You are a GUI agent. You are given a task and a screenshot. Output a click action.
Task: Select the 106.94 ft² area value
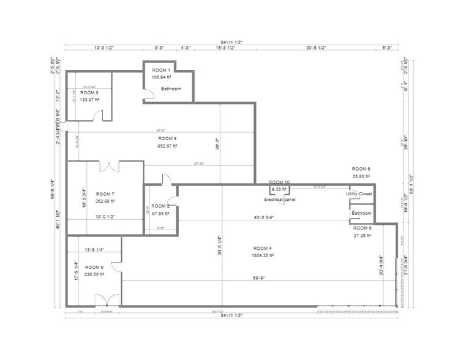162,77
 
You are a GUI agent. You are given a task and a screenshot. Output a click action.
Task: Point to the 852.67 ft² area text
167,146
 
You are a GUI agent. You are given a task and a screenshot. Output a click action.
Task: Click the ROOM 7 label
105,193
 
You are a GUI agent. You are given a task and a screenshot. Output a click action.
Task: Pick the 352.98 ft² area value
105,201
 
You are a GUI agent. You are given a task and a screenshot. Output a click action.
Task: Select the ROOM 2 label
160,206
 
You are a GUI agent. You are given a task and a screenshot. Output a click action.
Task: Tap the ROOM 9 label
94,268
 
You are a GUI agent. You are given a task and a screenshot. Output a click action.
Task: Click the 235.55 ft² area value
94,275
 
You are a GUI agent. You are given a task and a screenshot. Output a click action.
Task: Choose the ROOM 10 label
279,182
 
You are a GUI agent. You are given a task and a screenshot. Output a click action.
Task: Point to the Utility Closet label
359,193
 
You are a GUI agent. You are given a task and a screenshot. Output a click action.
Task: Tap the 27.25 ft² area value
363,235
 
